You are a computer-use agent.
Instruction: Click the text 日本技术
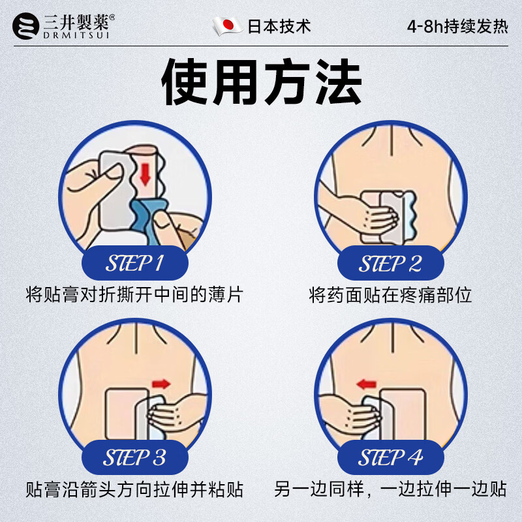click(279, 26)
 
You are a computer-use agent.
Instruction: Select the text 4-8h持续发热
click(457, 27)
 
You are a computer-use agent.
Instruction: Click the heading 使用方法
click(261, 84)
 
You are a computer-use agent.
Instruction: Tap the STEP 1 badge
click(134, 264)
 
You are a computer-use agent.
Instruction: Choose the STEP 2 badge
click(390, 264)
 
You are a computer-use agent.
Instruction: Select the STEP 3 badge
click(134, 457)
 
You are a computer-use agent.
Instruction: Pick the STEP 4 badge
click(390, 457)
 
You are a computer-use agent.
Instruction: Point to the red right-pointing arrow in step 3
click(160, 383)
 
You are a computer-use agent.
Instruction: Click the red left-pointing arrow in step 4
click(367, 384)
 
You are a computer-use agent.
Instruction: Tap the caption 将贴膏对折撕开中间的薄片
click(134, 295)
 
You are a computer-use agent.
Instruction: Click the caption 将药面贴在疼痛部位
click(390, 295)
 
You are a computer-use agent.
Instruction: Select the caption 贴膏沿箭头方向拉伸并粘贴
click(134, 489)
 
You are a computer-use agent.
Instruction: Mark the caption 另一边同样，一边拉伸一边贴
click(390, 489)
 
